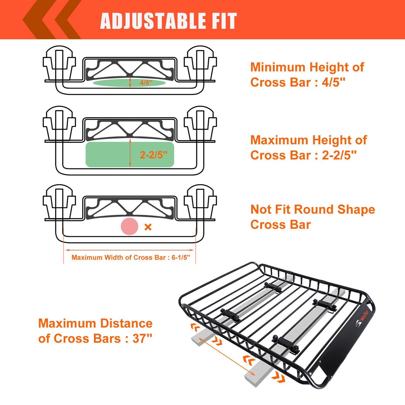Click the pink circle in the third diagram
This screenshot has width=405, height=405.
point(129,226)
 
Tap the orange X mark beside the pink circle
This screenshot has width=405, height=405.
point(148,227)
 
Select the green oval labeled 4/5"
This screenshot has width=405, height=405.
point(114,83)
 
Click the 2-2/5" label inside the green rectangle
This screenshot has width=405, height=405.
point(154,155)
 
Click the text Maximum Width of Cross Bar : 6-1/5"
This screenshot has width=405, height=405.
point(131,257)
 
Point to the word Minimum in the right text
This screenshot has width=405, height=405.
point(278,67)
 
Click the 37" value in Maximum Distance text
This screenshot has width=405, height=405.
point(142,338)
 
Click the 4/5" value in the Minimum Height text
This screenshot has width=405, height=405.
point(333,83)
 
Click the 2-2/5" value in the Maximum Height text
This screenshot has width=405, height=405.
point(339,155)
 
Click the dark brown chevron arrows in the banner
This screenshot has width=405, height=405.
point(52,20)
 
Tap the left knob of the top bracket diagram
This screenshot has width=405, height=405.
point(59,59)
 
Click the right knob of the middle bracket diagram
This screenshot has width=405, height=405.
point(200,120)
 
